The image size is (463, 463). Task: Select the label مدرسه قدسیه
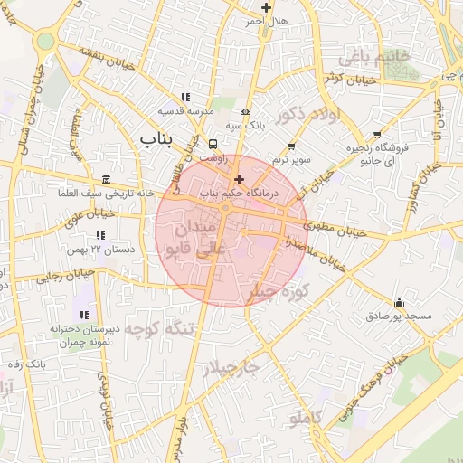point(185,110)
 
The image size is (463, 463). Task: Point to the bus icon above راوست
point(213,144)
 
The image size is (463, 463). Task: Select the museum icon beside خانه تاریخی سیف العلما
point(107,178)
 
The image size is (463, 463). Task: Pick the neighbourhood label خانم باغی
point(373,57)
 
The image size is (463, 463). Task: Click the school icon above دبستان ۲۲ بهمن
point(99,235)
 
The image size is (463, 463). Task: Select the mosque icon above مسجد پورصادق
point(399,302)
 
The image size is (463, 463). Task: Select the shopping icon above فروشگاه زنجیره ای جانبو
point(376,135)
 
